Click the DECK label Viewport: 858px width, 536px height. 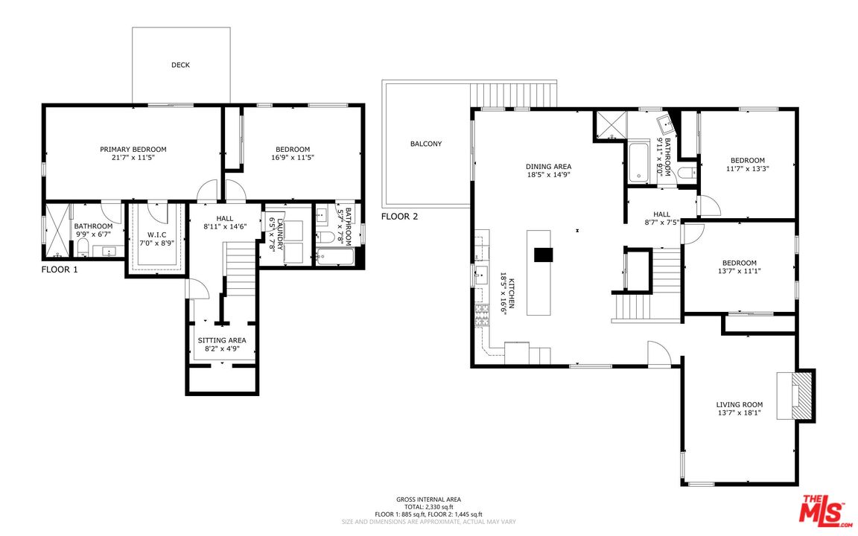point(180,65)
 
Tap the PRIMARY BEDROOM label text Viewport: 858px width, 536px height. point(133,150)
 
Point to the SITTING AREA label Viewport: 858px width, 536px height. point(222,340)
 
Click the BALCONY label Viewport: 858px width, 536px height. point(426,144)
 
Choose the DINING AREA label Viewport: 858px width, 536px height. point(548,167)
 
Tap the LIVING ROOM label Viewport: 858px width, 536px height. point(740,405)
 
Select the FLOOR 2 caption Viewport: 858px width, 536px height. point(399,217)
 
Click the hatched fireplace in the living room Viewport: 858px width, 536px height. point(803,396)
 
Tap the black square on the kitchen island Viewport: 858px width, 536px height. point(544,255)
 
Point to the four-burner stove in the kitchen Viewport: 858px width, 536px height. point(481,315)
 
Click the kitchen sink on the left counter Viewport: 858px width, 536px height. point(481,275)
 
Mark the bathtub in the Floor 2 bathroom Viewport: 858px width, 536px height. point(637,162)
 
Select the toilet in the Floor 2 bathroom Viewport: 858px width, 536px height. point(687,173)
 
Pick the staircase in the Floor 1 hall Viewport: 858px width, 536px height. point(241,269)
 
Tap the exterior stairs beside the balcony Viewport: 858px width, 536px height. point(512,95)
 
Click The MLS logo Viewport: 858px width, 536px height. point(823,510)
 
